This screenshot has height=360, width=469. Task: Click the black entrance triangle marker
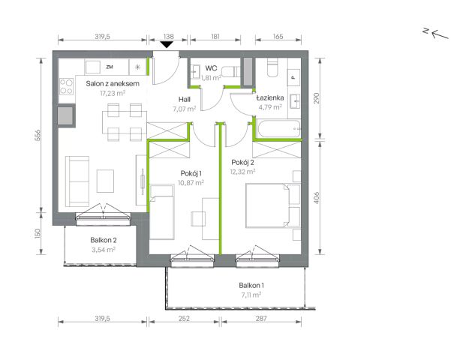click(x=167, y=45)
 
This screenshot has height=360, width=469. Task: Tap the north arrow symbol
click(x=436, y=33)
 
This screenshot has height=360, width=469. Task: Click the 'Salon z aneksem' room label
click(x=113, y=84)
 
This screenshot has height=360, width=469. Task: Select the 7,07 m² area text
click(x=185, y=109)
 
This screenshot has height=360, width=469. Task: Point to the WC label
click(x=211, y=68)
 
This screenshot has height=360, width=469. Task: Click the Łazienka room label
click(x=270, y=97)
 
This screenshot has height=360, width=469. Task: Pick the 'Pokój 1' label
click(x=191, y=173)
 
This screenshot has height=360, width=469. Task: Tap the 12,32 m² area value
click(x=242, y=172)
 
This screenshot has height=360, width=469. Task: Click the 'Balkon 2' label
click(x=104, y=240)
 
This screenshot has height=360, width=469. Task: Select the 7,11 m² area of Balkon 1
click(x=251, y=295)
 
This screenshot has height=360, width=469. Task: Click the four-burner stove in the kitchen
click(x=66, y=86)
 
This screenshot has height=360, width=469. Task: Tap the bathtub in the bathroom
click(x=278, y=129)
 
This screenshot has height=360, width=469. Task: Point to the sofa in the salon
click(x=77, y=181)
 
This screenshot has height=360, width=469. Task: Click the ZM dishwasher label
click(x=110, y=67)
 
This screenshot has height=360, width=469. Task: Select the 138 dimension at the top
click(x=168, y=36)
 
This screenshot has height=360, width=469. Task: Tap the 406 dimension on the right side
click(x=317, y=198)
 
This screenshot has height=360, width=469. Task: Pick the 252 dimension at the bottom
click(x=184, y=319)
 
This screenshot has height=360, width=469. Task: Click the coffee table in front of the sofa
click(x=105, y=181)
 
